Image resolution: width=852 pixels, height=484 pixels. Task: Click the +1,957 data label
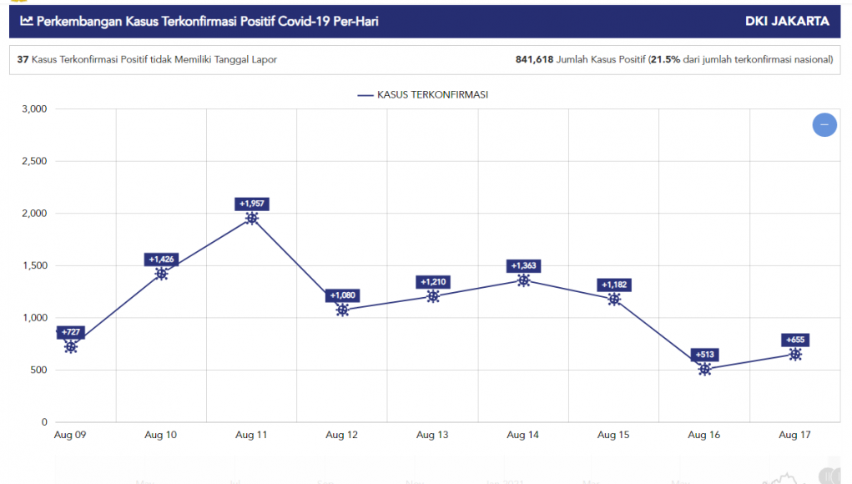click(252, 204)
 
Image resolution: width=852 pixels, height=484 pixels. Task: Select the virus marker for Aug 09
click(71, 346)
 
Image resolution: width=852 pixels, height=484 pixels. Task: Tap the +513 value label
click(705, 355)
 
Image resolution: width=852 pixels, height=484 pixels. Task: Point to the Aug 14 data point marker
click(523, 280)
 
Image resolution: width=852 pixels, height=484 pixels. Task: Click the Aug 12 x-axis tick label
click(341, 435)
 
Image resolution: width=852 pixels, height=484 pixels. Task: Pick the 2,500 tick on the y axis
click(33, 161)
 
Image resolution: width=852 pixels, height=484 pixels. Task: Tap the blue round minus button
click(824, 124)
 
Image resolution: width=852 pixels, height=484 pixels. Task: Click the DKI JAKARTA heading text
click(787, 21)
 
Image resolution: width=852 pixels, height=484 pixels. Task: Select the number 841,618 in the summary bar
click(535, 60)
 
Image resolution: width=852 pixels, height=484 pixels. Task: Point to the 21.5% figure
click(665, 60)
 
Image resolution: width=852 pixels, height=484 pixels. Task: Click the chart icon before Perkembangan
click(27, 21)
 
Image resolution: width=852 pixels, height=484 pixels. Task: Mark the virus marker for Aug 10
click(161, 274)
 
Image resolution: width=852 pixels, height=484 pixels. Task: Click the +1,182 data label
click(614, 285)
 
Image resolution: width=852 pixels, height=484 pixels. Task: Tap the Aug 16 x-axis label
click(704, 435)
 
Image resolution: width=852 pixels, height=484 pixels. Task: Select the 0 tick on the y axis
click(44, 422)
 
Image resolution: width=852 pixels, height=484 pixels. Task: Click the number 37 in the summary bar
click(23, 60)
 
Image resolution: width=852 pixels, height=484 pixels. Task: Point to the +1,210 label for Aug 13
click(433, 282)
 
